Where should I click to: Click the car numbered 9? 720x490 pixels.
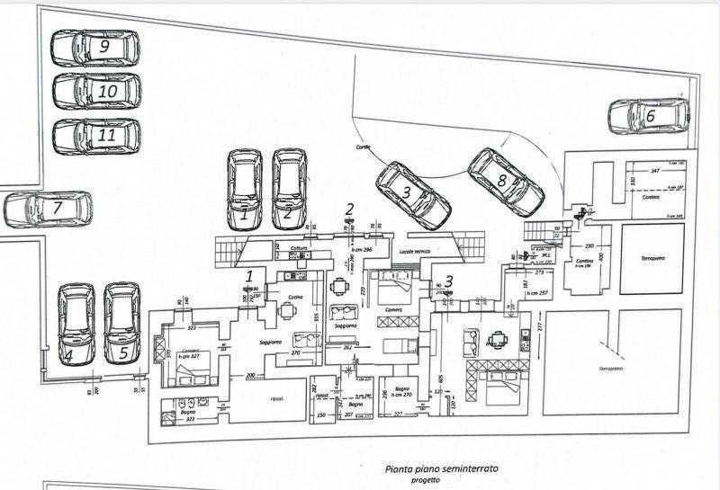94,47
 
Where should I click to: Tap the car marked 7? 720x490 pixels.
49,209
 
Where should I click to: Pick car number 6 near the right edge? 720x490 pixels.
649,116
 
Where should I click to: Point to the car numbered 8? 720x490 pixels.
505,182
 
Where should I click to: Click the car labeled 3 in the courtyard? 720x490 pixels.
412,193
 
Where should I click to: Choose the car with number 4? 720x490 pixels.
76,324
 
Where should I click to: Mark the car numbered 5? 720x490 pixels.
121,324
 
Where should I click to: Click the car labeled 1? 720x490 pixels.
246,188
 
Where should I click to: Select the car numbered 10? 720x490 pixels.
96,91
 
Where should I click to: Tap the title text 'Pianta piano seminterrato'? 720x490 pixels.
441,468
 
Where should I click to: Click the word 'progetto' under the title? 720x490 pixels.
427,480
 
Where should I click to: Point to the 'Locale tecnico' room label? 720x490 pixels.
414,252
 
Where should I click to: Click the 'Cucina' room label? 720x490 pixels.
295,297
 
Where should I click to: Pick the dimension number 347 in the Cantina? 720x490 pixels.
654,171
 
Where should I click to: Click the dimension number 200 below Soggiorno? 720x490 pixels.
250,375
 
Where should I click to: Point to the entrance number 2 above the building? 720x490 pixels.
349,209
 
